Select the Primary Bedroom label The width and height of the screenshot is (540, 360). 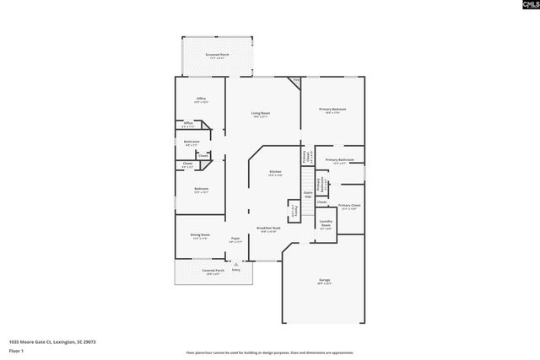[x=332, y=110]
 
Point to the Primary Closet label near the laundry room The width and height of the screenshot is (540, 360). [x=349, y=206]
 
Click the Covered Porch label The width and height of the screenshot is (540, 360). [x=212, y=271]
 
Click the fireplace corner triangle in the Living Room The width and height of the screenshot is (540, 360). [x=294, y=82]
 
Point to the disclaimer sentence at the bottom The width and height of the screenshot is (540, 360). [x=269, y=352]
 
